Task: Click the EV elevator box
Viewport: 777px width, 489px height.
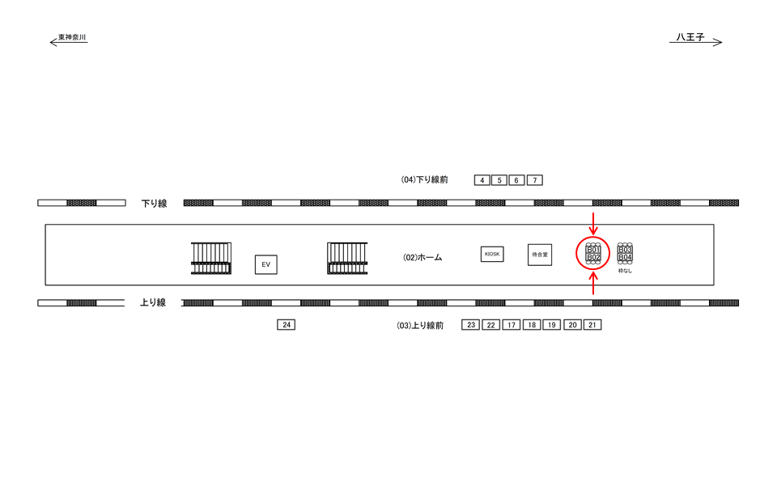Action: click(x=266, y=264)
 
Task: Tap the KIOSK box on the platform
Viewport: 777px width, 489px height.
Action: click(x=492, y=254)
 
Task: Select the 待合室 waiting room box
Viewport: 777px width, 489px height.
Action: click(x=540, y=255)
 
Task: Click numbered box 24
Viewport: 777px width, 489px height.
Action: click(x=287, y=325)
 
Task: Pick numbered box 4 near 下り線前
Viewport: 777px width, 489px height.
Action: click(x=482, y=180)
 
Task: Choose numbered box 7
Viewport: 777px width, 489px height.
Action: click(x=534, y=180)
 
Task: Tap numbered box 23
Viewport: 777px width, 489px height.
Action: click(x=471, y=325)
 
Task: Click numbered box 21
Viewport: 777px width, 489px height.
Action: click(x=592, y=325)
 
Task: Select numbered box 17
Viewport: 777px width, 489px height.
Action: click(x=511, y=325)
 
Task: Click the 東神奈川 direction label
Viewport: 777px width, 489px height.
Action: click(x=72, y=37)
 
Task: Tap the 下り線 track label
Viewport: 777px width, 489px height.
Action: click(x=154, y=204)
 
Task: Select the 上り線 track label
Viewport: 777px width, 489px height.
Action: click(x=153, y=303)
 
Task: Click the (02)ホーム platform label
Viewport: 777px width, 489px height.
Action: click(x=422, y=257)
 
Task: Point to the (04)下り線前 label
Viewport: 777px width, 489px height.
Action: click(x=424, y=179)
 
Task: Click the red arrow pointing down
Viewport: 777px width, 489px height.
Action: click(x=594, y=221)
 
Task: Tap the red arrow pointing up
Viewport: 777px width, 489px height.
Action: click(x=594, y=284)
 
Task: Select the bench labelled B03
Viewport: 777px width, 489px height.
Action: click(x=625, y=250)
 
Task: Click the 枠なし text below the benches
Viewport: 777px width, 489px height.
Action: click(x=625, y=271)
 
